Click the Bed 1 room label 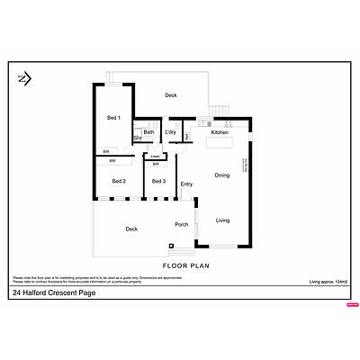tap(113, 117)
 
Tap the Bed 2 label tap(118, 181)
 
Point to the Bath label tap(148, 133)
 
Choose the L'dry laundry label tap(169, 133)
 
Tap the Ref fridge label tap(187, 137)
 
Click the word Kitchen tap(220, 133)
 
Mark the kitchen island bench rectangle tap(218, 143)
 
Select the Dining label tap(222, 175)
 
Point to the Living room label tap(223, 220)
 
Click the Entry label tap(186, 184)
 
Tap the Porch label tap(180, 225)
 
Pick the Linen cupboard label tap(156, 157)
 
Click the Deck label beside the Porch tap(131, 229)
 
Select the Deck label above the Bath tap(171, 94)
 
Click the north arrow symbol tap(24, 78)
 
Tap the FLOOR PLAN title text tap(186, 266)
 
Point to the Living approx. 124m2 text tap(328, 283)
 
